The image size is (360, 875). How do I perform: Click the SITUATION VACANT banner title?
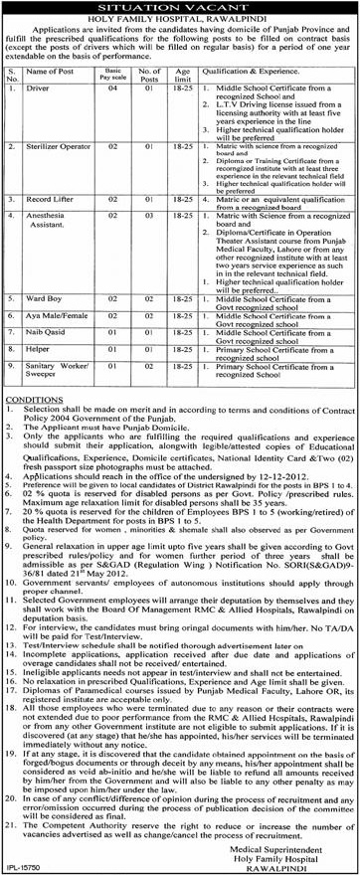point(181,7)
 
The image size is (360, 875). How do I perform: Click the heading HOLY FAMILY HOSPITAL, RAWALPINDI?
point(180,22)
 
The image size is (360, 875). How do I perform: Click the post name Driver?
point(41,90)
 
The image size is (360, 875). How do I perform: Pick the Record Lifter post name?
point(52,200)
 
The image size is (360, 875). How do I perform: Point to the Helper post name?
point(41,347)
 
